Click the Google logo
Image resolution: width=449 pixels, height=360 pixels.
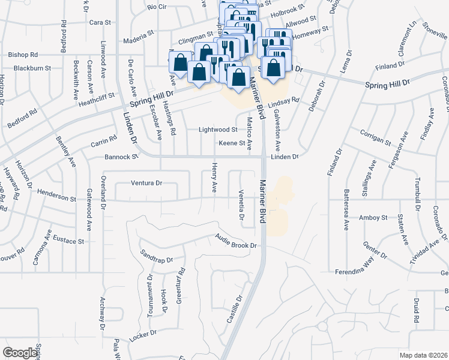point(20,353)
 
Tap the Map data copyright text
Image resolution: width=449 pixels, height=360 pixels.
point(424,355)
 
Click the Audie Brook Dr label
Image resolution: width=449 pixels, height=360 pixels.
point(236,242)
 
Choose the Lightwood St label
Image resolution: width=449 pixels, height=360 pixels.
point(218,130)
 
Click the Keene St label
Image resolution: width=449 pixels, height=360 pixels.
point(232,143)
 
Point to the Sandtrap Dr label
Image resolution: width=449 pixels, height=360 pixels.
point(156,256)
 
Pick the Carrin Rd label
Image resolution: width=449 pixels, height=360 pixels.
point(104,142)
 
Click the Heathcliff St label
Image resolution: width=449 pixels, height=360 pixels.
point(97,98)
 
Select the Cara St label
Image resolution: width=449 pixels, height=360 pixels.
point(100,22)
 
